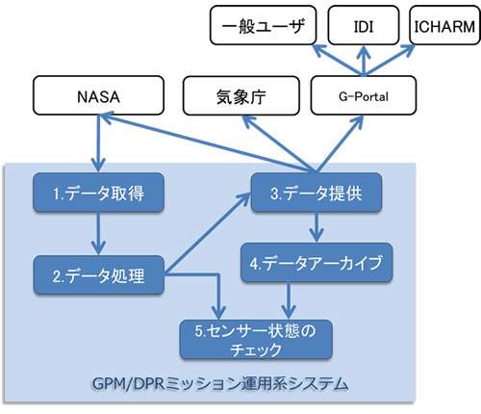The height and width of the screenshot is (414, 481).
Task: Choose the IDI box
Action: (367, 25)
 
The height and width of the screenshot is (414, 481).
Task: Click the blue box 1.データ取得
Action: (97, 192)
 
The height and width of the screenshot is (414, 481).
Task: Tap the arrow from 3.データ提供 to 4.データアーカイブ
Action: (316, 227)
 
